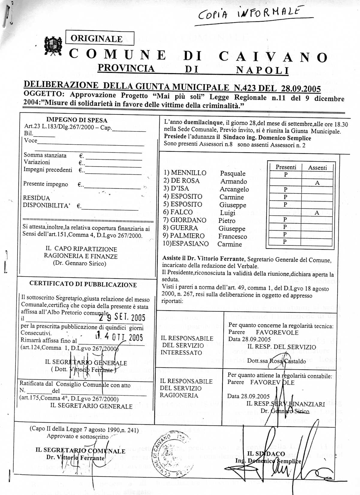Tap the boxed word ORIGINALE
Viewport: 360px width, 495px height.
tap(97, 39)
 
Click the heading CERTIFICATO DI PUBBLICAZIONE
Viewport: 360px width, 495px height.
tap(83, 285)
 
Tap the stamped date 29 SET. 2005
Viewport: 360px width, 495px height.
tap(122, 318)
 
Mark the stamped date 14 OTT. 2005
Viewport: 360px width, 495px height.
tap(119, 338)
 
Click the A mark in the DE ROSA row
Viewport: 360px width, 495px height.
tap(317, 183)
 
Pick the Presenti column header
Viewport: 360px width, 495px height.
tap(286, 167)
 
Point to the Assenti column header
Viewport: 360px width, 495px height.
tap(317, 168)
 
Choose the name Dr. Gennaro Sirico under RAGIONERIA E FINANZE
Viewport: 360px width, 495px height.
tap(79, 264)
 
